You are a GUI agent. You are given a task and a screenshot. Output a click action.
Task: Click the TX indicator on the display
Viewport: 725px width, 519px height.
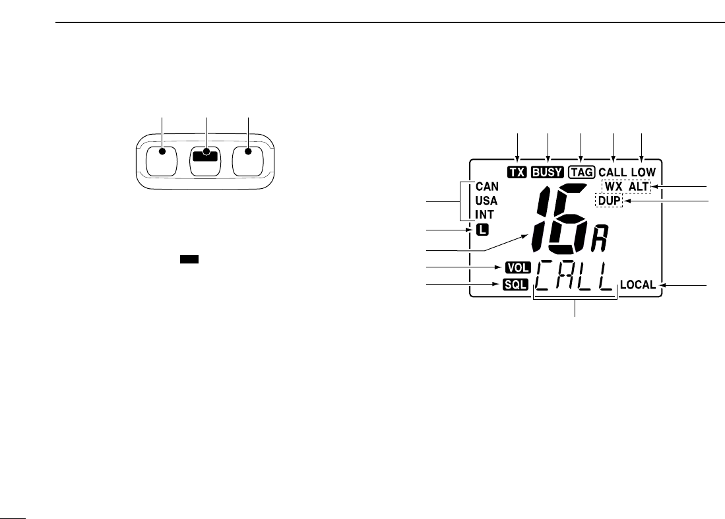[517, 172]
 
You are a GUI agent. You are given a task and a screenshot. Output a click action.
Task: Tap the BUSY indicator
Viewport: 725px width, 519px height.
[548, 172]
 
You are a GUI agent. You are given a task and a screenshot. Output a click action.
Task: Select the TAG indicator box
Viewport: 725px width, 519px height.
[582, 172]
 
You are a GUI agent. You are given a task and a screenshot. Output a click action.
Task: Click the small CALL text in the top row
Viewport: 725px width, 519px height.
[613, 172]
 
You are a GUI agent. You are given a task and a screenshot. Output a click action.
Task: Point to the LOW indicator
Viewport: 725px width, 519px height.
[644, 172]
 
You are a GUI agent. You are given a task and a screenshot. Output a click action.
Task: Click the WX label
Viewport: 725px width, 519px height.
[614, 187]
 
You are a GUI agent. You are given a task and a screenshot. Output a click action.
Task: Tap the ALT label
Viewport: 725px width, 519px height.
[639, 187]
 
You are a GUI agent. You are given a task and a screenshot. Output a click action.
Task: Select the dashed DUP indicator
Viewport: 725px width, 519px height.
[609, 201]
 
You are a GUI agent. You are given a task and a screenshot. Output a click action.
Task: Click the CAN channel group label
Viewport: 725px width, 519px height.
[488, 187]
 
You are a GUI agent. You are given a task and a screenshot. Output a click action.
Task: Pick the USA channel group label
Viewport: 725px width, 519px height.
[486, 201]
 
